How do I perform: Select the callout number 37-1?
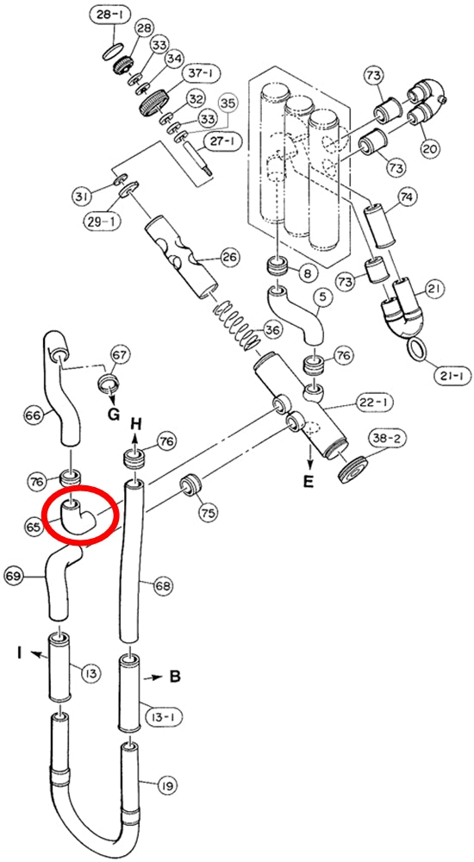coord(195,72)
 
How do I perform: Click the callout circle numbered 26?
coord(231,257)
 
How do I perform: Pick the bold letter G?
coord(113,415)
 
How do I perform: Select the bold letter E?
coord(309,482)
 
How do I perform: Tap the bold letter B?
coord(175,676)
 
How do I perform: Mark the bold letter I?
coord(20,653)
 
